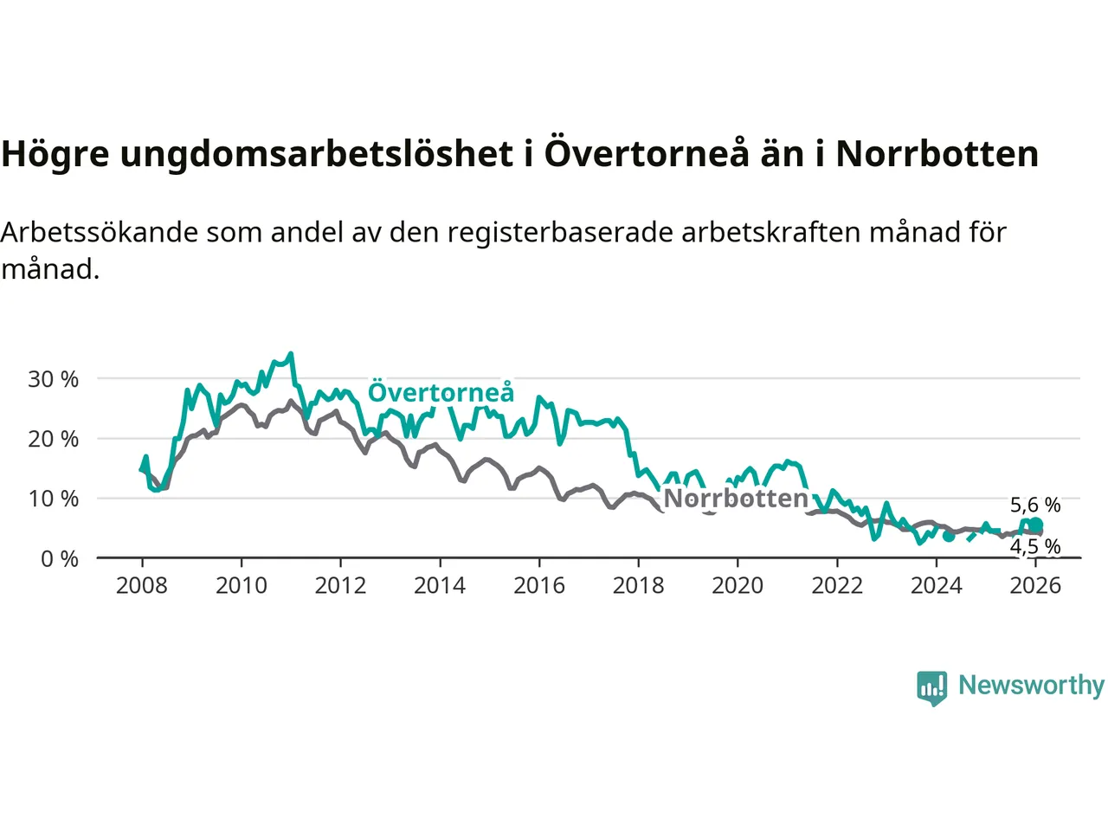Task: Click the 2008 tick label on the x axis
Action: pos(142,586)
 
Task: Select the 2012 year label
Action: pos(340,586)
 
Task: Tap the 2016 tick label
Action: pos(538,586)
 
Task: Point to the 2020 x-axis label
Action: pos(738,586)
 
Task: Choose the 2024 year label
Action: pos(936,586)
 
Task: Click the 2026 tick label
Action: pos(1035,586)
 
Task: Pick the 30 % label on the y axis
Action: pos(53,379)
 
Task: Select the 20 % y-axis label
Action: pos(53,439)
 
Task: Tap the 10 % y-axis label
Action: pos(53,499)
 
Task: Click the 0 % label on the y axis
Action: pos(60,559)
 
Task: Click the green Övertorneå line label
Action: pos(441,393)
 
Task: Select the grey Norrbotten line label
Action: pos(736,499)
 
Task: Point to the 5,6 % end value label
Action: pos(1035,506)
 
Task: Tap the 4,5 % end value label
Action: pos(1035,547)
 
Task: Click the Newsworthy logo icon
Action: pos(932,687)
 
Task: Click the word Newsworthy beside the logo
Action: pos(1031,686)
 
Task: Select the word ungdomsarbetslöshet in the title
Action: pos(316,154)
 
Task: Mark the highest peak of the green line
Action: pos(291,353)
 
